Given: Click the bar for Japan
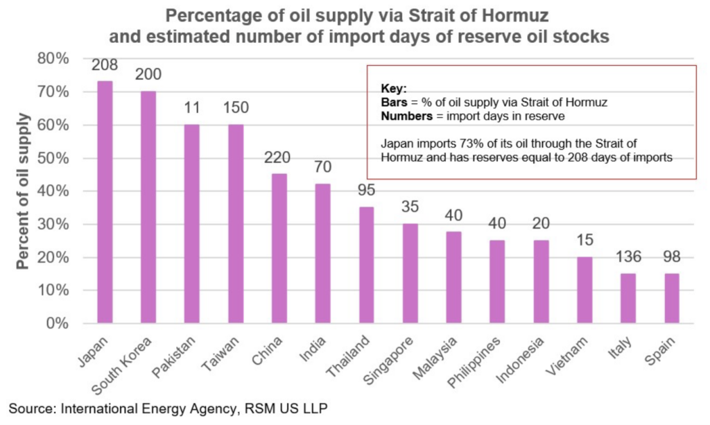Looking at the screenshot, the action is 105,202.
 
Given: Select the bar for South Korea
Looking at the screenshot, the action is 148,207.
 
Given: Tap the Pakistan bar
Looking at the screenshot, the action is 192,223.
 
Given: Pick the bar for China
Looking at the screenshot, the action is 279,248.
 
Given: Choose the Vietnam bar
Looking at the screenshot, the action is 585,290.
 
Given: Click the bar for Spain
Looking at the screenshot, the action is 672,298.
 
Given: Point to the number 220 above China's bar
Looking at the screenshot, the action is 277,157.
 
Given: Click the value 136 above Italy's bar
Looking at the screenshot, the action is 628,257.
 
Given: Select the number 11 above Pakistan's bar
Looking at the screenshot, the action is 192,107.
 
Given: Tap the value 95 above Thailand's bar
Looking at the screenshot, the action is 366,190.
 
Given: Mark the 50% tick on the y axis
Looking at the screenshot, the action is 53,158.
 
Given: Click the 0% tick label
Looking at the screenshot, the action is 58,324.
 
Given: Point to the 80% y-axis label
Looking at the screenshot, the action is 53,59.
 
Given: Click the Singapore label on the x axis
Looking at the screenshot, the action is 388,361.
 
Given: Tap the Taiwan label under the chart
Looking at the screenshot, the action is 220,354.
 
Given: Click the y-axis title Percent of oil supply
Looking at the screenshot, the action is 23,191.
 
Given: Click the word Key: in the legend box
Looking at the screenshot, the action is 394,88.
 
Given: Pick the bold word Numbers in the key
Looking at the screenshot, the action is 406,116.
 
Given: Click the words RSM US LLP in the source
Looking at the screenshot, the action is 286,408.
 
